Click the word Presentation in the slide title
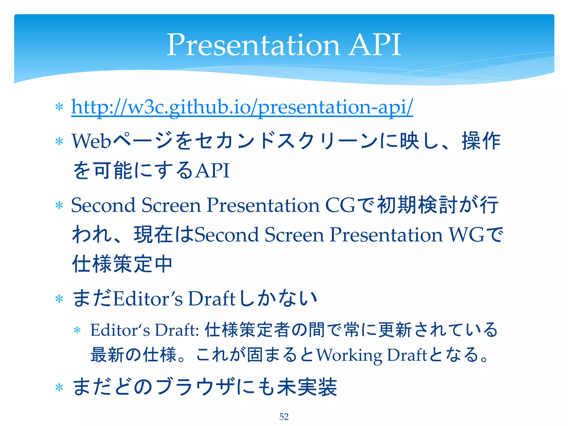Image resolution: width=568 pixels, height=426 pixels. point(253,45)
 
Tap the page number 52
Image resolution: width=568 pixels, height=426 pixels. point(284,417)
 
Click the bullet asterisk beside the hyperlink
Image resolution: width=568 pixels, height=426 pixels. point(59,107)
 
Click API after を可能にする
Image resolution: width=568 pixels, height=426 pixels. point(212,170)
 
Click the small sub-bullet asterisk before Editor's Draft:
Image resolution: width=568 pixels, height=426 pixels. point(77,330)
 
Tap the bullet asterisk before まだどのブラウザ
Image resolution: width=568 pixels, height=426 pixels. point(59,387)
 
